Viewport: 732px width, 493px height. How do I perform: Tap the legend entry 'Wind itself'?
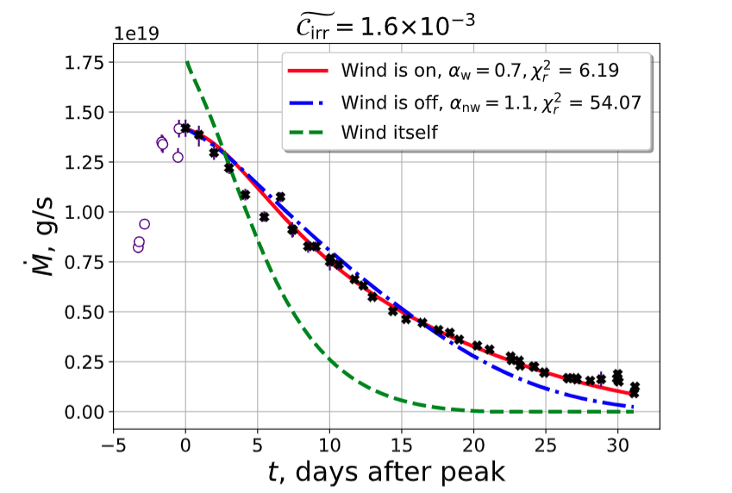[x=389, y=133]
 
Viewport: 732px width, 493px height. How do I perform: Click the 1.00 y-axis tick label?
[x=84, y=212]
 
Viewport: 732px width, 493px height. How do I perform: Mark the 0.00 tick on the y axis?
[x=84, y=412]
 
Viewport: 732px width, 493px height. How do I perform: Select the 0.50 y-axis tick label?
[x=84, y=312]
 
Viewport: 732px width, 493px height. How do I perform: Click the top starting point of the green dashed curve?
[x=187, y=62]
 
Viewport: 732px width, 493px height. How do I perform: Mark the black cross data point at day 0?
[x=185, y=128]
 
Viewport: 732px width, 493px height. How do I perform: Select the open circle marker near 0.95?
[x=144, y=224]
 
